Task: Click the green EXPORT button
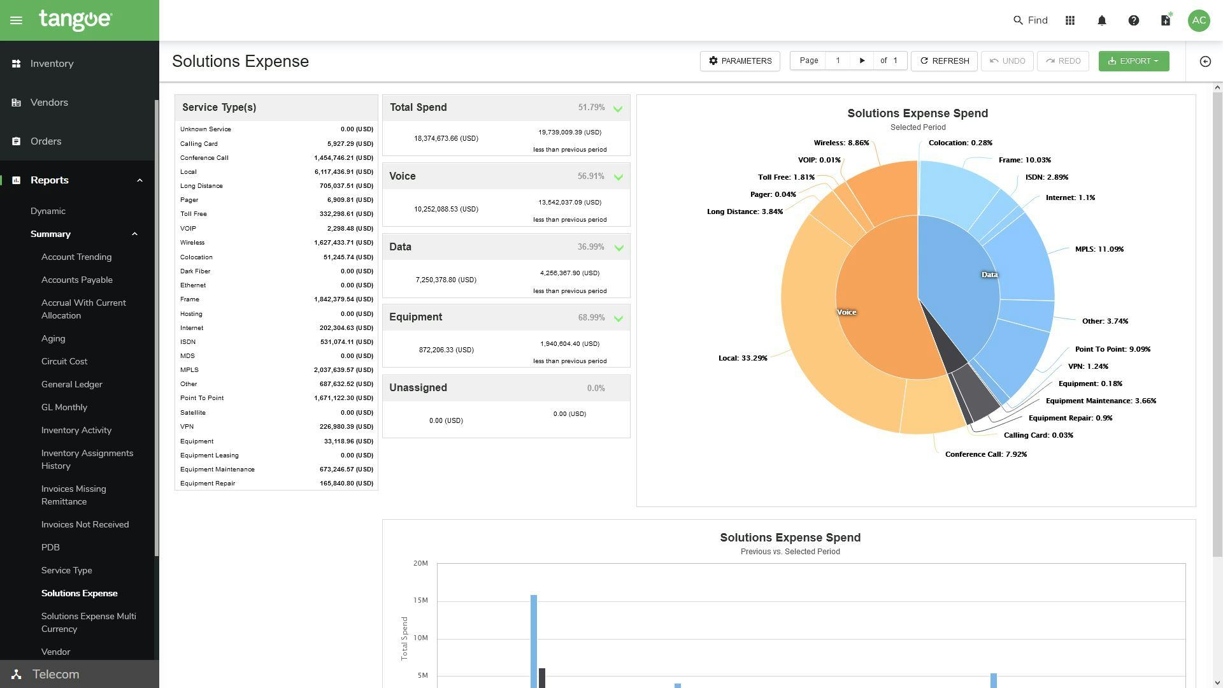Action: tap(1133, 61)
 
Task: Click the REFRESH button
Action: tap(944, 61)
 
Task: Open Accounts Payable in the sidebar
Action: tap(76, 280)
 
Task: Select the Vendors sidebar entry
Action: tap(49, 103)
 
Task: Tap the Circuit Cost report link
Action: tap(64, 361)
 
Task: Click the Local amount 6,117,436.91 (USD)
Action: tap(343, 172)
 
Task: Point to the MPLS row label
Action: tap(189, 370)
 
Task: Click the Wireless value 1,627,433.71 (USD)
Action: tap(343, 243)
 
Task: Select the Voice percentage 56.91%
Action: tap(590, 176)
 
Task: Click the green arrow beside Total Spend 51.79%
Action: tap(618, 109)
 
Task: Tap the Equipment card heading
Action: tap(415, 317)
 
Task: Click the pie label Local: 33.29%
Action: tap(743, 358)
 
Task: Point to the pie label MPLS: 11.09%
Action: tap(1099, 249)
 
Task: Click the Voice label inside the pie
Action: tap(846, 312)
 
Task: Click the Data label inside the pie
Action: tap(989, 275)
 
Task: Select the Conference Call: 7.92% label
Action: tap(985, 454)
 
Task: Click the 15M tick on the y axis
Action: tap(420, 600)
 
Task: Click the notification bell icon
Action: tap(1102, 20)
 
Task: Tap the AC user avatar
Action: tap(1199, 20)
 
